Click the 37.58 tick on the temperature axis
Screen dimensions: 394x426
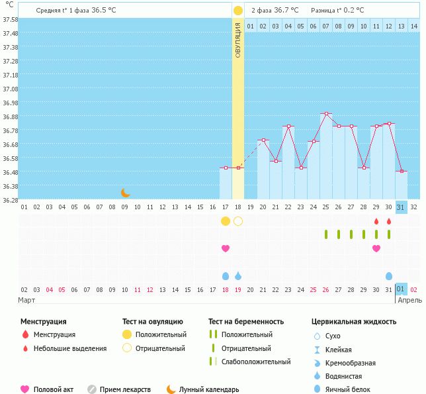pos(10,19)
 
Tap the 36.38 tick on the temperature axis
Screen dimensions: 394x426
pos(10,186)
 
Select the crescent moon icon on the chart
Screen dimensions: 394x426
pos(126,193)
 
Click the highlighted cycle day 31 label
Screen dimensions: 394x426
pos(401,207)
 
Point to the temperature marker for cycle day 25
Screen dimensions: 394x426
pos(325,114)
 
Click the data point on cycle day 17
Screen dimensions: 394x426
pos(225,168)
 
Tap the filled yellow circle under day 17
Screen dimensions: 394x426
pos(226,221)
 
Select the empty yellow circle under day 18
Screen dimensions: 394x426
pos(238,221)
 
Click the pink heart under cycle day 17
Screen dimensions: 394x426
pos(226,248)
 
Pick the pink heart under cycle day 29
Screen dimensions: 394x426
pos(376,248)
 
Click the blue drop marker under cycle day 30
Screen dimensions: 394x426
pos(389,275)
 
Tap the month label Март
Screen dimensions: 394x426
pos(26,300)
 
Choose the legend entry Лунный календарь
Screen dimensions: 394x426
pos(209,389)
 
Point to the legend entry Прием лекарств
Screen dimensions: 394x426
pos(125,389)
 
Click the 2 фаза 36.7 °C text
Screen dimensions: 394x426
pos(275,10)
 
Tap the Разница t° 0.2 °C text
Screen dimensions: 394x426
pos(339,10)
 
